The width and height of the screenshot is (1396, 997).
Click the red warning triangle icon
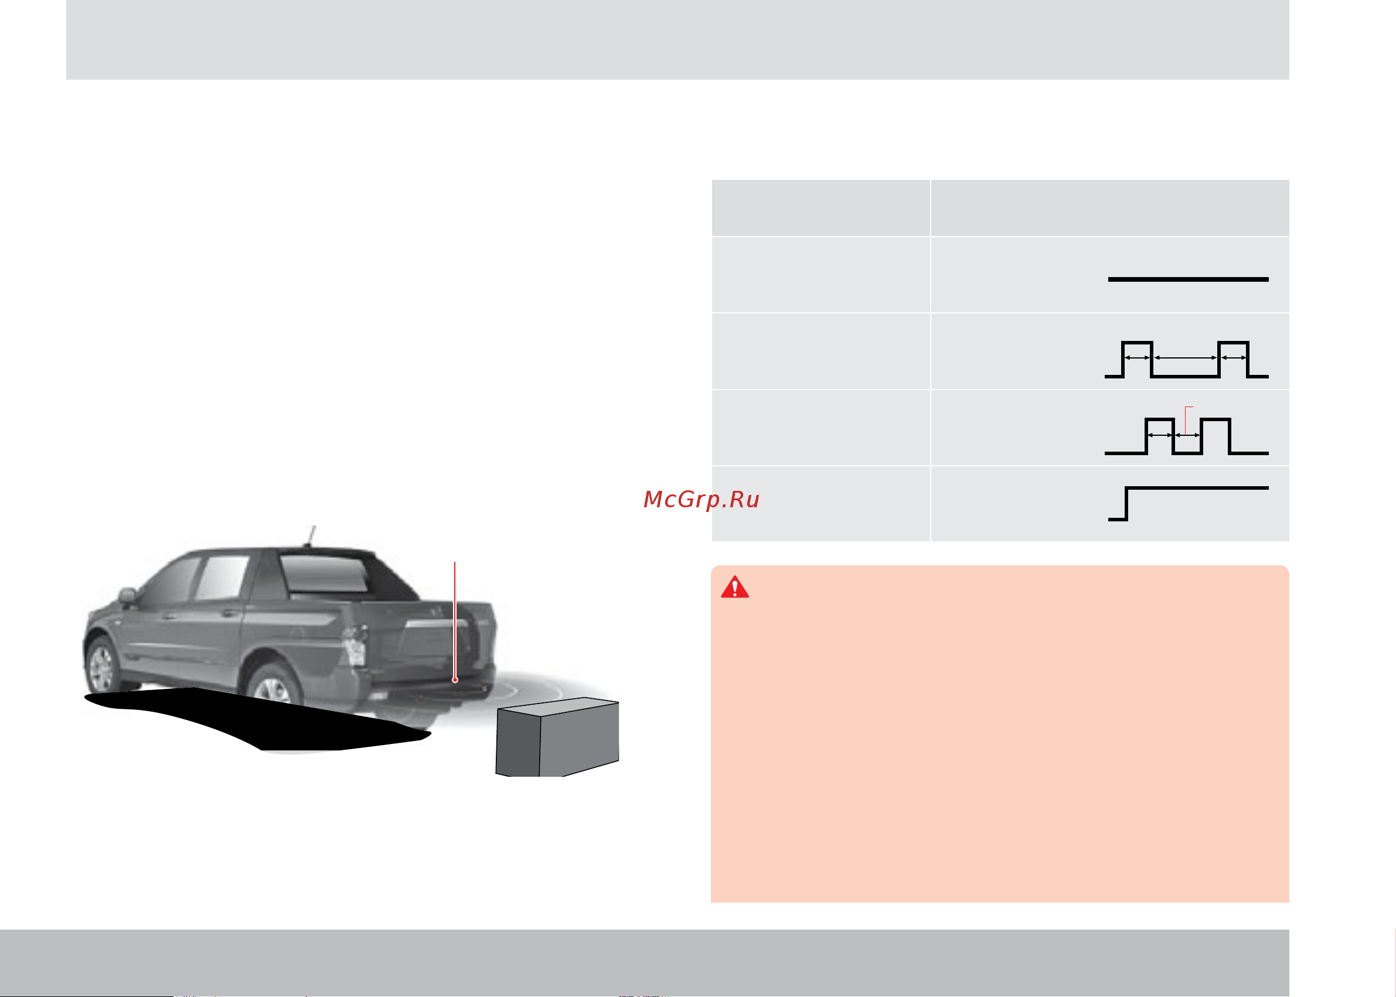[734, 588]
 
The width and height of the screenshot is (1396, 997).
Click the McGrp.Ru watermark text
[702, 499]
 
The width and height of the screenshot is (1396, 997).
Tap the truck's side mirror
[127, 595]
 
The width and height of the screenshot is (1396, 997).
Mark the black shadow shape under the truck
[258, 719]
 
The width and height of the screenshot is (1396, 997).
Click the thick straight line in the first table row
[1188, 279]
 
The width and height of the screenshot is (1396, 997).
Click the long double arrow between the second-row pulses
[1186, 357]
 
